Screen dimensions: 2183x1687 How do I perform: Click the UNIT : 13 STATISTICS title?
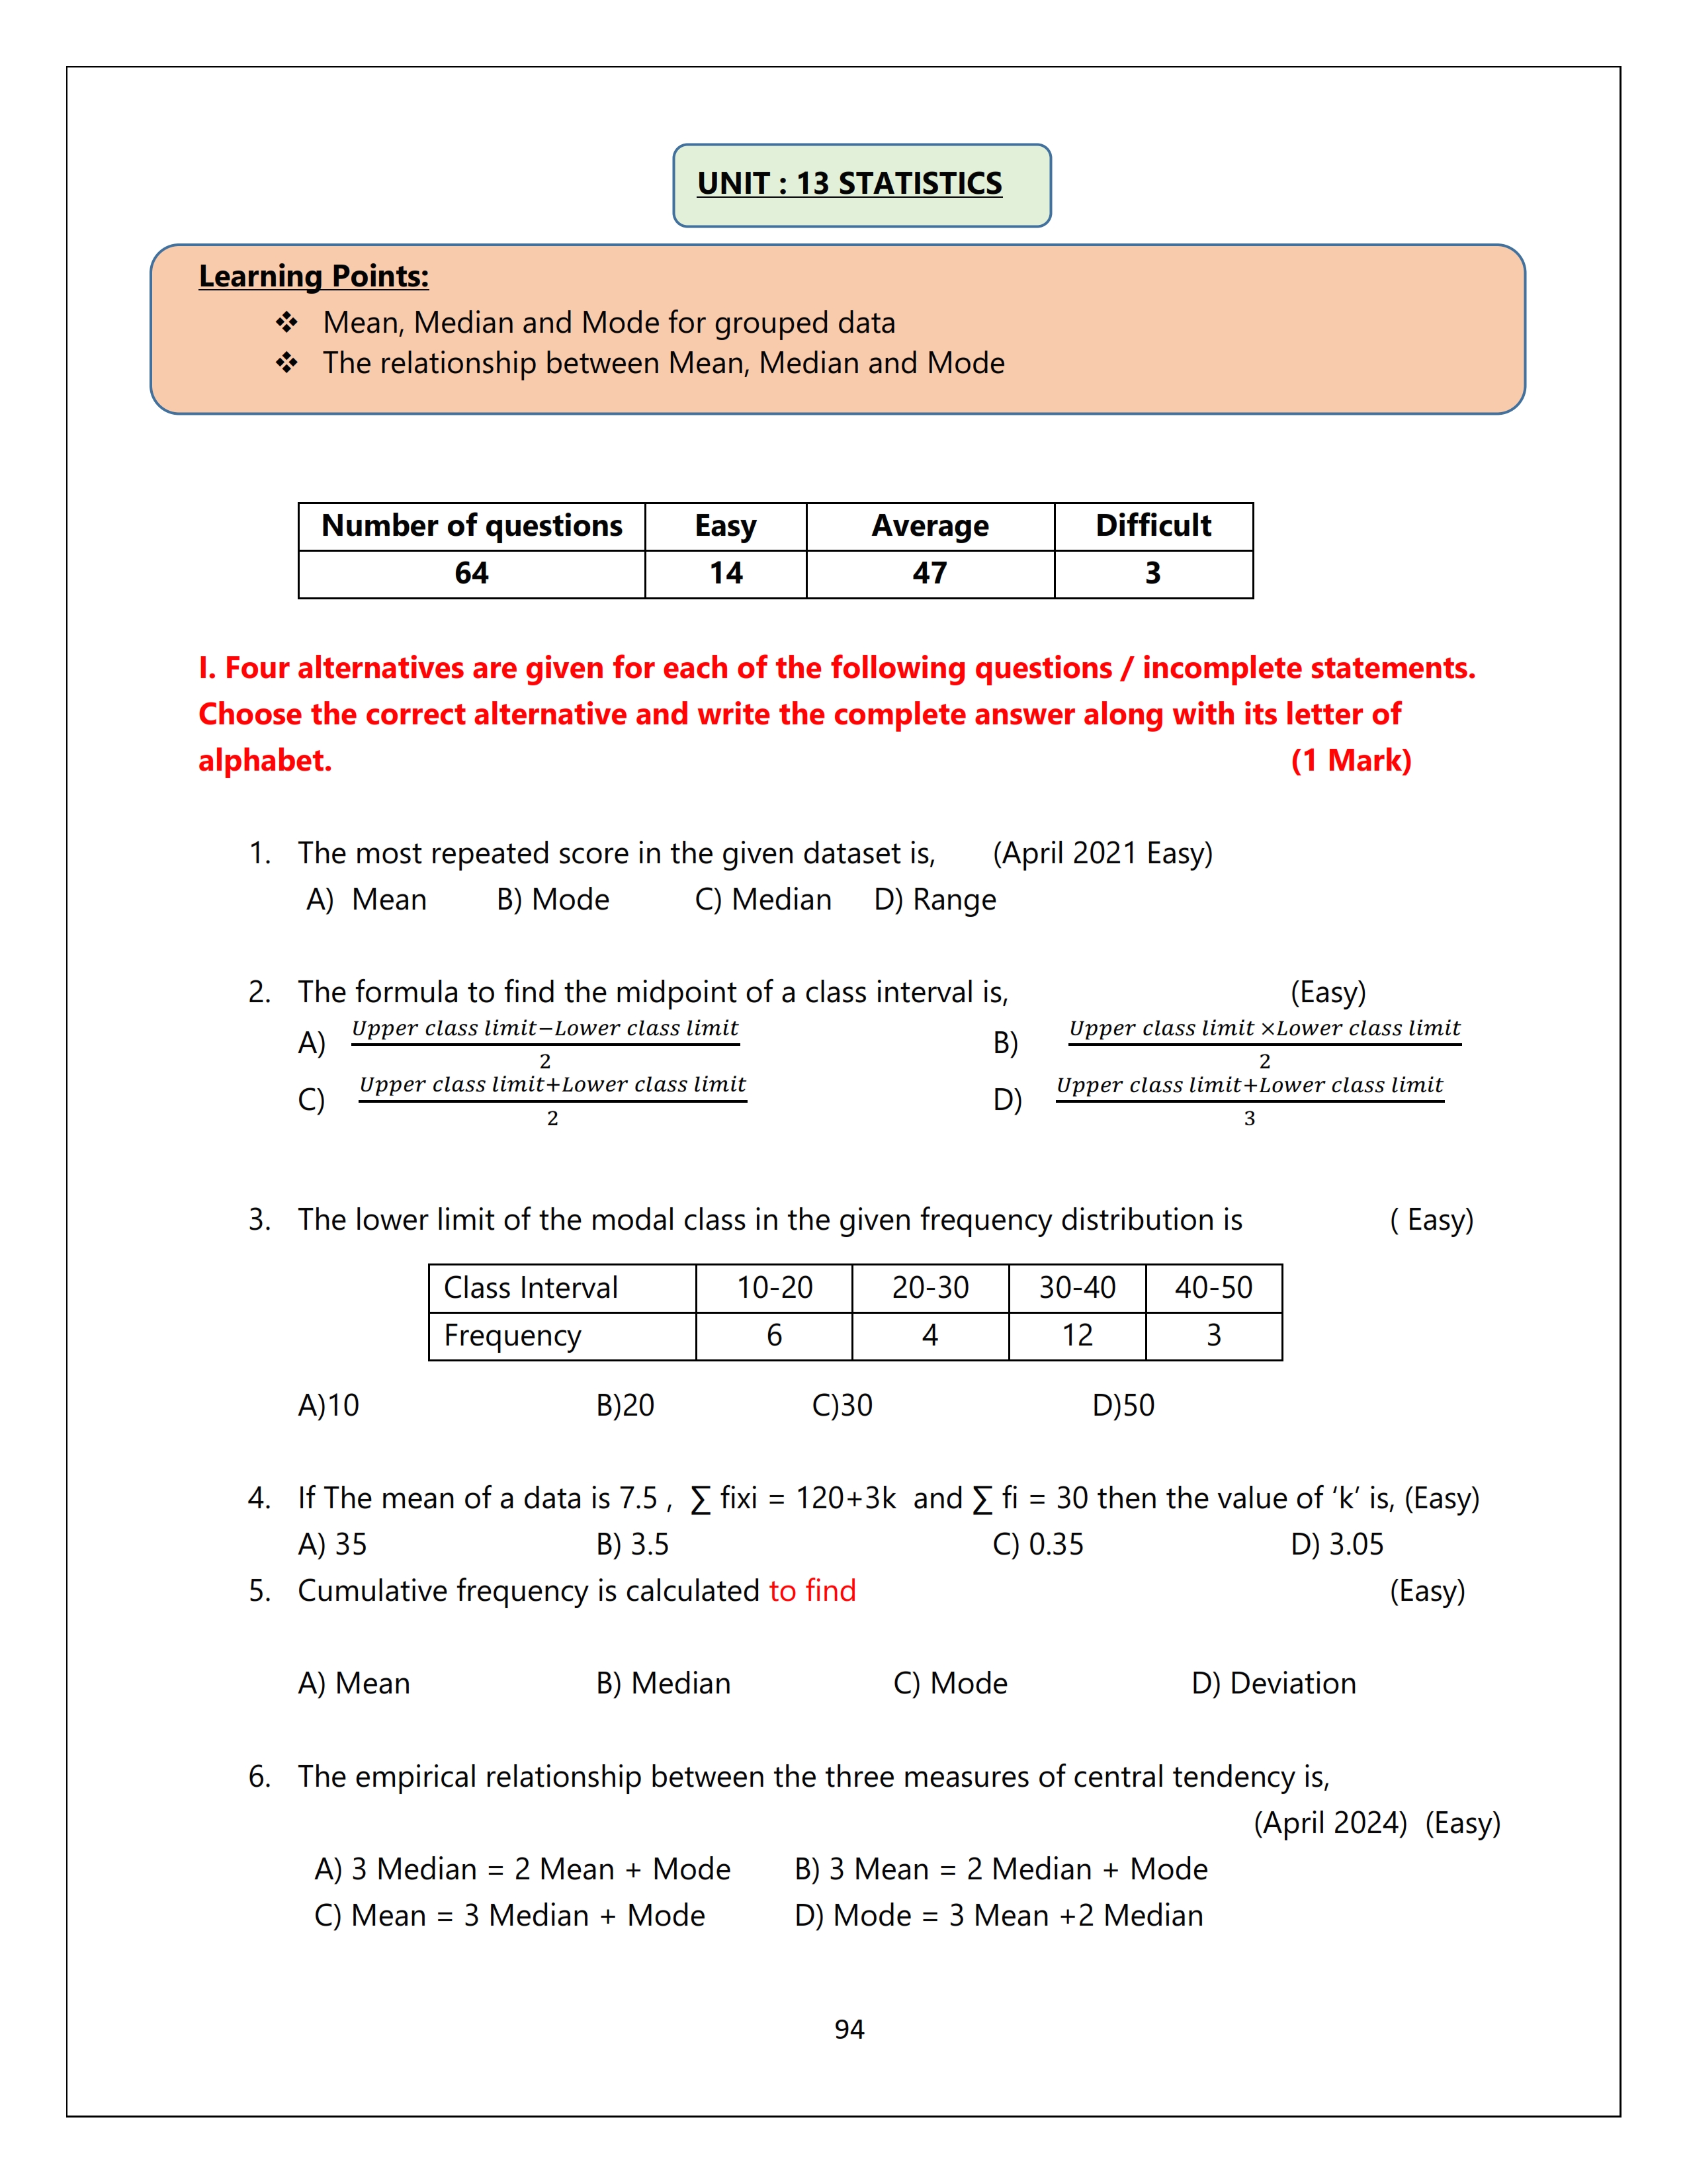pos(849,184)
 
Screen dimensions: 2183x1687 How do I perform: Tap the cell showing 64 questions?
pos(471,574)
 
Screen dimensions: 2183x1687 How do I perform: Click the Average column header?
pos(930,526)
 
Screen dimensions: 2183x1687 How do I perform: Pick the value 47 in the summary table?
pos(930,574)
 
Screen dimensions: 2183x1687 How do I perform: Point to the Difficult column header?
pos(1152,526)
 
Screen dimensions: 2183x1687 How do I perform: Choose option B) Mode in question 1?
pos(552,900)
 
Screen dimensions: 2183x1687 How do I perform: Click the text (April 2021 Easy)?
pos(1102,853)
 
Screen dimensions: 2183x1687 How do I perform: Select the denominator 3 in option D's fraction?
pos(1248,1119)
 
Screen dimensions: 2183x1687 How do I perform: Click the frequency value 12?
pos(1076,1336)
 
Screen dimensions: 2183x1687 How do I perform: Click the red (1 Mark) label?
pos(1350,761)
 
